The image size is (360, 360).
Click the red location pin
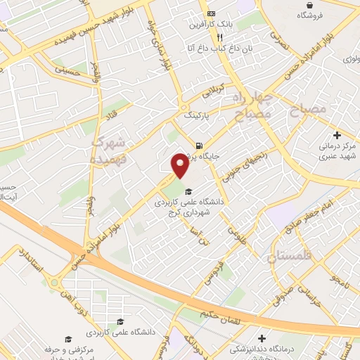[180, 165]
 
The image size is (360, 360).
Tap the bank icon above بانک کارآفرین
[212, 14]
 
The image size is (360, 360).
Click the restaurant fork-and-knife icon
[219, 37]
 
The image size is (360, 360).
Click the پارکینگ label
[198, 113]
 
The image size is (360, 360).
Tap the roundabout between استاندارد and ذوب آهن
[54, 283]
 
